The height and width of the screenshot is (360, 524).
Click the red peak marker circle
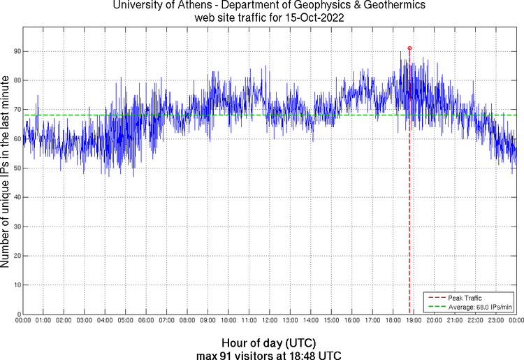(409, 48)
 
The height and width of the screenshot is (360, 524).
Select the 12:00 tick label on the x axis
(269, 321)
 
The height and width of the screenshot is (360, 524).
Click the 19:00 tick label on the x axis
(413, 321)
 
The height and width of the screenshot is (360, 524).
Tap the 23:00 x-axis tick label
(495, 321)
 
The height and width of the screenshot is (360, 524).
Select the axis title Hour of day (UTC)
(269, 343)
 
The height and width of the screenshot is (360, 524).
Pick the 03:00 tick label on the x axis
(84, 321)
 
